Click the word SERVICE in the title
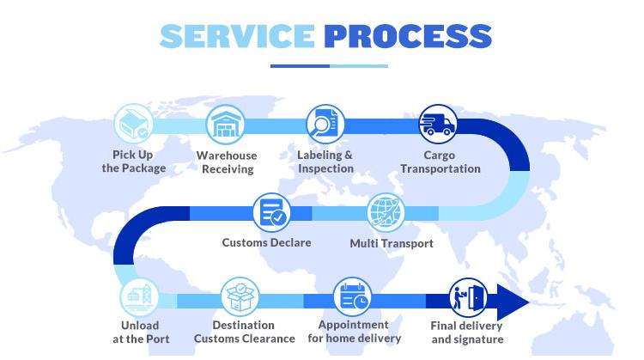point(237,35)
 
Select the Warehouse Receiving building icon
point(226,124)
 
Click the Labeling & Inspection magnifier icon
point(325,124)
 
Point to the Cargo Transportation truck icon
point(438,124)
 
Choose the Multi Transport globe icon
point(385,211)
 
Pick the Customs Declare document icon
point(271,211)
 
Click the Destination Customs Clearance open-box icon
point(240,297)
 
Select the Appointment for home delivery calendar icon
point(353,297)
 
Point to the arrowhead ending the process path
point(513,302)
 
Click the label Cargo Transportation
point(440,162)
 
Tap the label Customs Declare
point(266,242)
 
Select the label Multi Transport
point(391,243)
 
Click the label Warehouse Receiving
point(227,162)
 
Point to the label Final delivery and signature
point(466,333)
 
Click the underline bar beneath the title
point(329,65)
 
